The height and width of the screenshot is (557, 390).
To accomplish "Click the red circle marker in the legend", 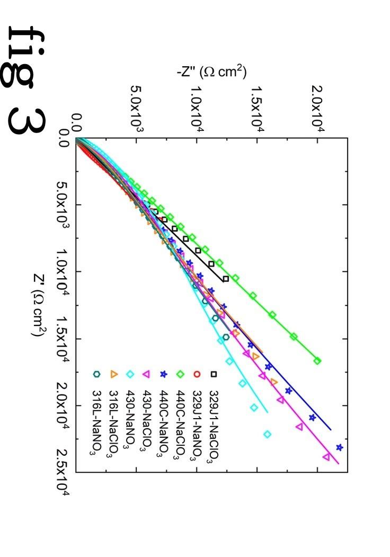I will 197,374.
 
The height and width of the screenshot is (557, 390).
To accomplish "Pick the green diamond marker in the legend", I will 180,374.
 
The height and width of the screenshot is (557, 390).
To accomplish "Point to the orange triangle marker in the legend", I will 113,374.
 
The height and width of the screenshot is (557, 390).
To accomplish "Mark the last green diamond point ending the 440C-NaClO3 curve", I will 317,361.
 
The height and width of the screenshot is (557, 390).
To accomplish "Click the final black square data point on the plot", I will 226,279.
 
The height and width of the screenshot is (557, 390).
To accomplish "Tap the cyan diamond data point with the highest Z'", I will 267,435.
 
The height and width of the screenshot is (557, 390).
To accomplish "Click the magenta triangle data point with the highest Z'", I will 326,457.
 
